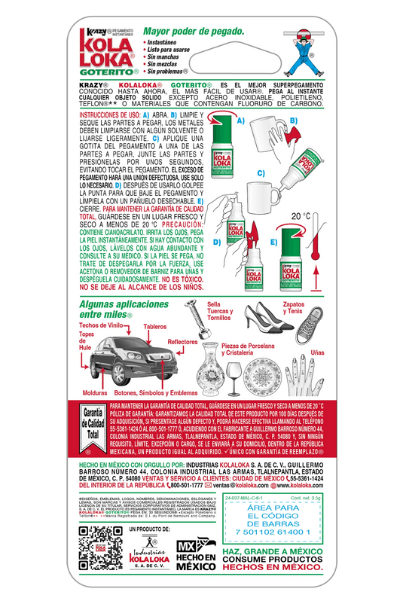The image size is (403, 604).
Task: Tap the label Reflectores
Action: [182, 342]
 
